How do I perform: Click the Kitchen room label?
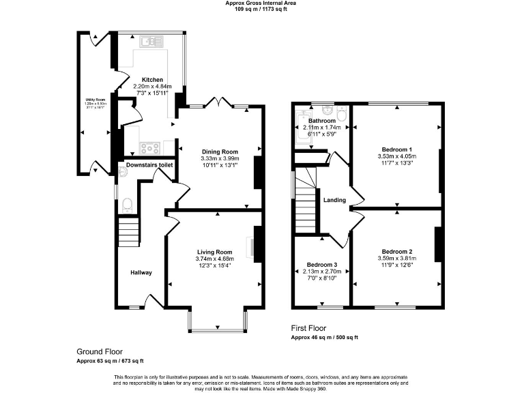151,80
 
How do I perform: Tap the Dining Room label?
219,151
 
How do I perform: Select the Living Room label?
215,251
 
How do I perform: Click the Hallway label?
141,273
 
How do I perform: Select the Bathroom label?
322,121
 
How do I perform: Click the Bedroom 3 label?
321,265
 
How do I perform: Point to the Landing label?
334,200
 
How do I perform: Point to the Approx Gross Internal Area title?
261,3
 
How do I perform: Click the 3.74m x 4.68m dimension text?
215,259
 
